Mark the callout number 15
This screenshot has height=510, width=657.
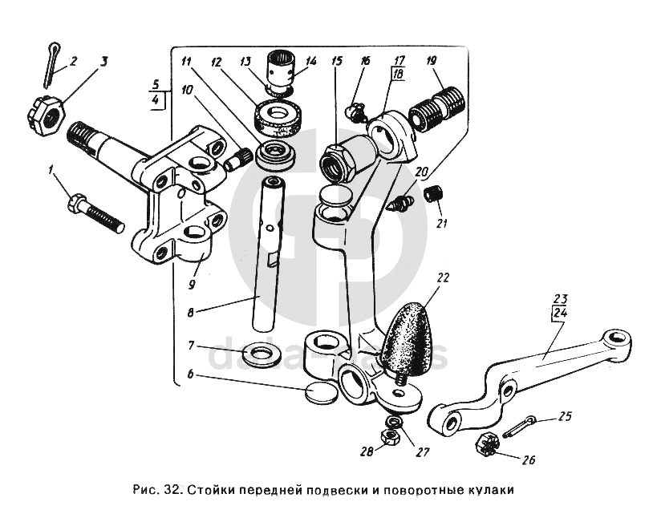tap(335, 61)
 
